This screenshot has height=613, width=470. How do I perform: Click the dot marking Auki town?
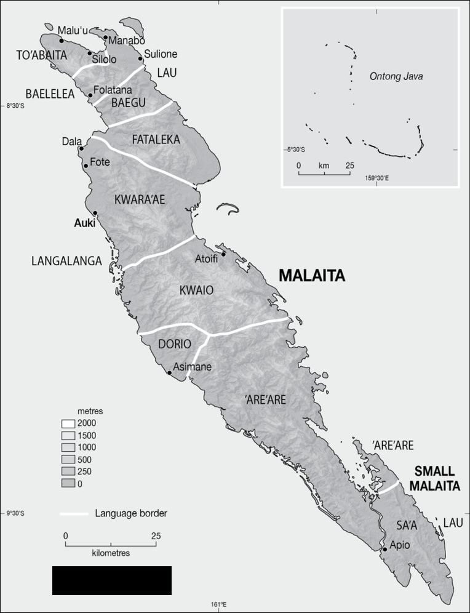[x=95, y=213]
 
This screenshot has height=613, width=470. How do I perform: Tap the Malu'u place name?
[x=72, y=30]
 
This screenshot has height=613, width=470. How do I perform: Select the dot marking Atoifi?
[x=224, y=254]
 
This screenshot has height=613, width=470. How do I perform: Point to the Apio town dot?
[x=385, y=549]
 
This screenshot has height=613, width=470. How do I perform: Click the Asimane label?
[x=192, y=367]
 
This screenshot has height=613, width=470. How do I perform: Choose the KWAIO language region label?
[x=196, y=290]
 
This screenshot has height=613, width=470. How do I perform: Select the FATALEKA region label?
[x=156, y=140]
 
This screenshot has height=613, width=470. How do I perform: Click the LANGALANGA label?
[x=66, y=262]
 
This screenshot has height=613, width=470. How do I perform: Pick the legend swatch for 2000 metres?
[x=68, y=423]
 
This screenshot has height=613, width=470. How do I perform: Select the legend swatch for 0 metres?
[x=68, y=484]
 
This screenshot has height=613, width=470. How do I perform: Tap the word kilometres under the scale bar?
[x=111, y=553]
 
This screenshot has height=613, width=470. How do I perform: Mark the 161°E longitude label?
[x=220, y=604]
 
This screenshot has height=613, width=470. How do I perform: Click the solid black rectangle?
[x=111, y=580]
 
